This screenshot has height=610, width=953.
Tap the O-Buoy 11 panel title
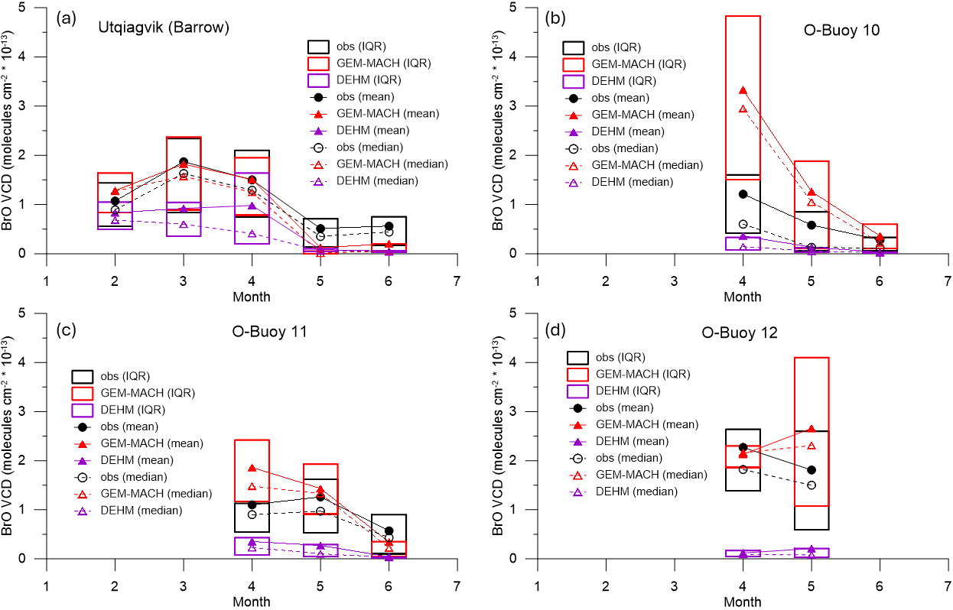tap(272, 332)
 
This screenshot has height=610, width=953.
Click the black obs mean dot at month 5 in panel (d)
tap(812, 469)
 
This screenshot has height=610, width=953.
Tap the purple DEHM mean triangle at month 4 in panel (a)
tap(252, 205)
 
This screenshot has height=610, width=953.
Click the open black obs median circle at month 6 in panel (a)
tap(389, 232)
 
